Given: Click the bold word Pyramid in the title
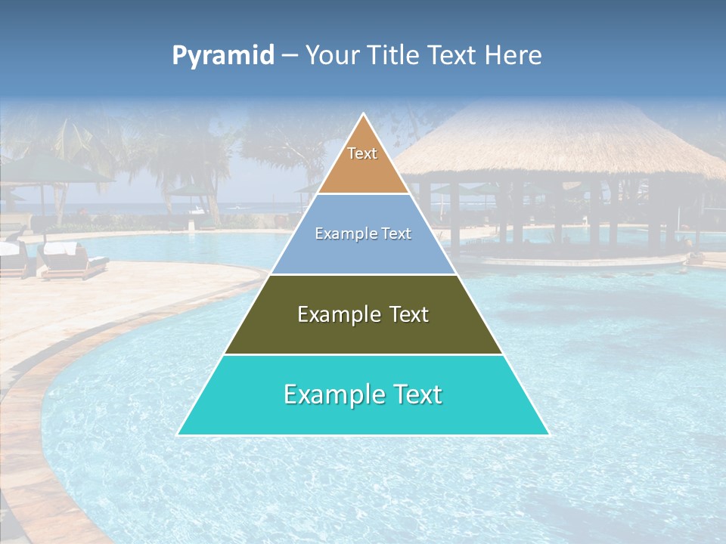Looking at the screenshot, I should [x=223, y=56].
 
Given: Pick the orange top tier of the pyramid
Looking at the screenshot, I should [x=363, y=170].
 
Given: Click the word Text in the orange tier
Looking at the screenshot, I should [x=362, y=153].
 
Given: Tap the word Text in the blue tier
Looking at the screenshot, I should [x=396, y=234].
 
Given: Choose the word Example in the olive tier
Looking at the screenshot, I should [x=337, y=314].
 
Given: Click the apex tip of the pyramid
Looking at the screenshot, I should [x=364, y=114].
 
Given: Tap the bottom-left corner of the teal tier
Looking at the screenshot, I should [x=178, y=434].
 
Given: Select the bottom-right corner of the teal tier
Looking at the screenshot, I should [x=548, y=434].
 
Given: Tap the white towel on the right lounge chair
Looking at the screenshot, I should [x=60, y=248].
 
